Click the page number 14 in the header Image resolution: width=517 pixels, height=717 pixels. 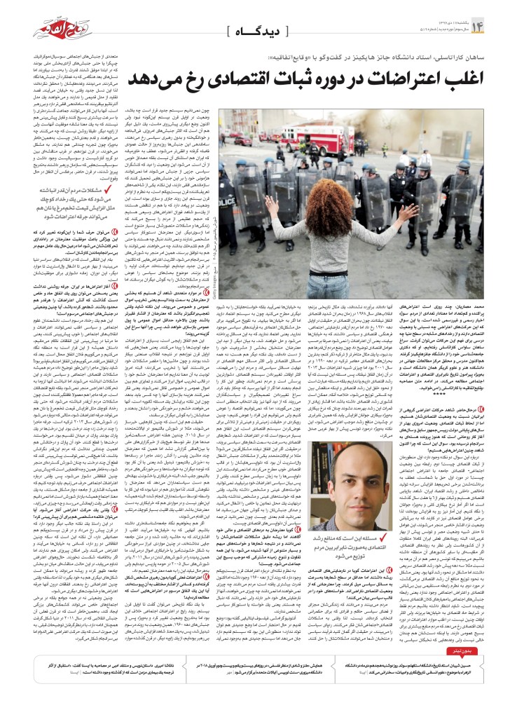coord(498,27)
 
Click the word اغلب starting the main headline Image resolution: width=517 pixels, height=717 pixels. coord(441,78)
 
